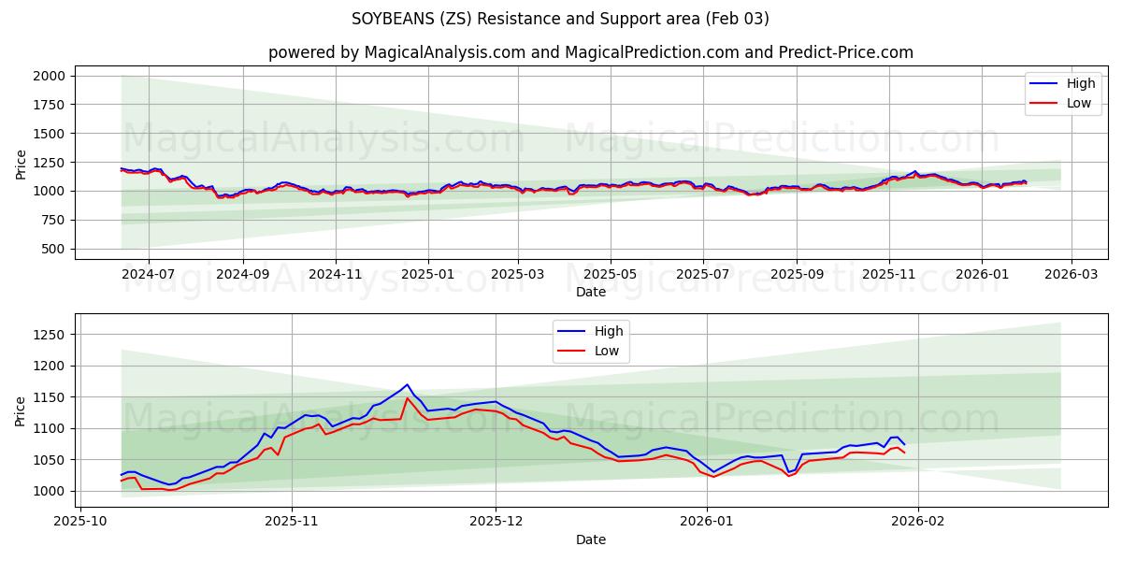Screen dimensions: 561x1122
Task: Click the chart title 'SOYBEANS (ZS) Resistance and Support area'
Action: (x=560, y=19)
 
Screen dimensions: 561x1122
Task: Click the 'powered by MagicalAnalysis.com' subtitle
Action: (x=393, y=52)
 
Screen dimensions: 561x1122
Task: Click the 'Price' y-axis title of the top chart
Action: (x=22, y=163)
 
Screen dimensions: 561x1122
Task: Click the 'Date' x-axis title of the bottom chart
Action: (x=590, y=539)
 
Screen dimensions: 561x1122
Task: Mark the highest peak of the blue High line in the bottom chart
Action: (x=407, y=384)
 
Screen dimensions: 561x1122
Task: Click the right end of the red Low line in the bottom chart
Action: (x=904, y=453)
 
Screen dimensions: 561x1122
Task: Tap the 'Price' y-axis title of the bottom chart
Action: (x=22, y=410)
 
